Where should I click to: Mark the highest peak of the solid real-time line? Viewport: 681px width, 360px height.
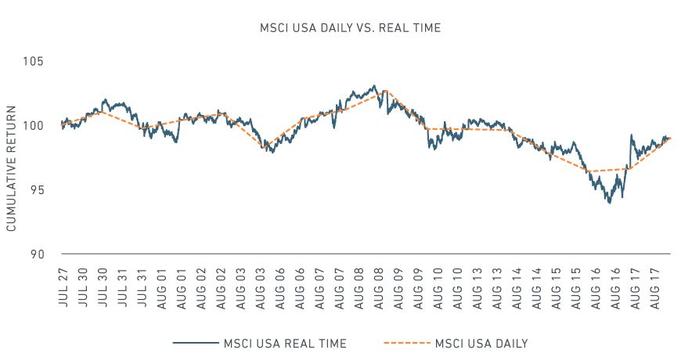point(374,85)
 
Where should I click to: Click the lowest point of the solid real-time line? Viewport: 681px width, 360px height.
point(608,203)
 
